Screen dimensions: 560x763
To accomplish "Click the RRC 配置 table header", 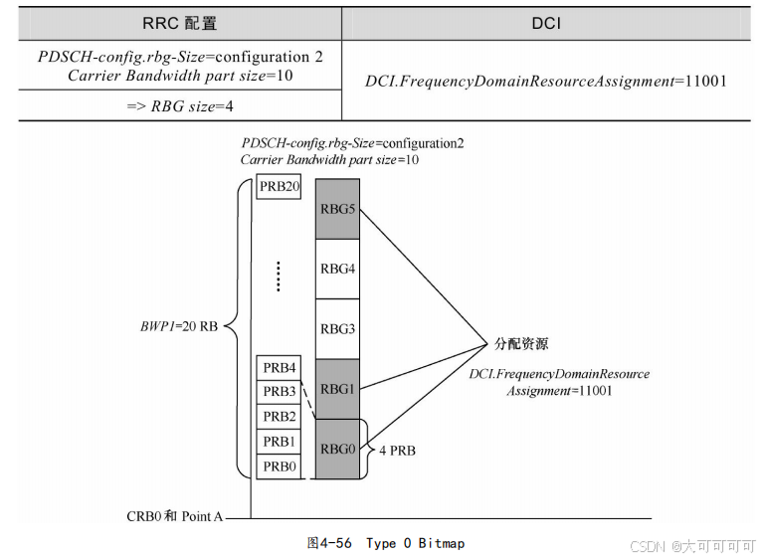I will tap(180, 21).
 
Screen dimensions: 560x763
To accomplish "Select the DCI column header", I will tap(546, 21).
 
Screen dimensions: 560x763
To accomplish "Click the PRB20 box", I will tap(279, 186).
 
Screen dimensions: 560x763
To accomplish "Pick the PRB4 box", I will tap(279, 368).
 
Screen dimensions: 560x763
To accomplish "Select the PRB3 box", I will tap(279, 392).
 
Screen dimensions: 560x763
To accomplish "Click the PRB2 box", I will tap(279, 417).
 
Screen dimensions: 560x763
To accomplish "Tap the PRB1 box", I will tap(279, 442).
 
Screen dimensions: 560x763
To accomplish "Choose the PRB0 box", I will tap(279, 466).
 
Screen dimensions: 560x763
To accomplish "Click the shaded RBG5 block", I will tap(337, 209).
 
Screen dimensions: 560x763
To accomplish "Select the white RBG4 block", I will tap(337, 269).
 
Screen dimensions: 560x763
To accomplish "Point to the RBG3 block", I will tap(337, 328).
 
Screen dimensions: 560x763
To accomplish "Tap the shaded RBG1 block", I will tap(337, 389).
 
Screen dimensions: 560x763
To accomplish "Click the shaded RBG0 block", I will tap(337, 449).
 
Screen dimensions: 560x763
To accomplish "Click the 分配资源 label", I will tap(521, 344).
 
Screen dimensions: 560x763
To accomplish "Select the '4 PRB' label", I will tap(397, 451).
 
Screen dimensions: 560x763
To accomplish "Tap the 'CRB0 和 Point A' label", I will tap(175, 517).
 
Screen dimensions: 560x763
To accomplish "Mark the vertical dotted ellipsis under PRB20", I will tap(279, 277).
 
